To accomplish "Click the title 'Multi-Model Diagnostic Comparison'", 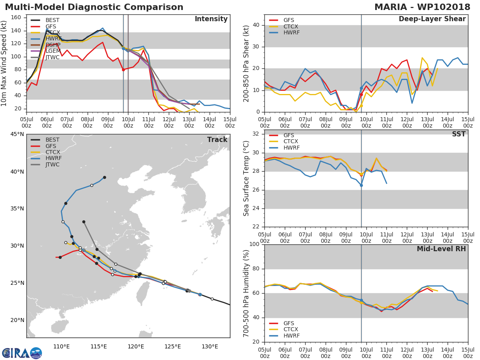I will click(x=94, y=7).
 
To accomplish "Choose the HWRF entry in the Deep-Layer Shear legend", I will click(x=291, y=32).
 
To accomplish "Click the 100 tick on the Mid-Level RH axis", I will click(x=255, y=244).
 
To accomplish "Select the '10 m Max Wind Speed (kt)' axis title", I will click(x=5, y=63).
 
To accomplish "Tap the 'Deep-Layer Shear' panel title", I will click(x=432, y=19).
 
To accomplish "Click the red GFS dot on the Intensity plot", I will click(x=123, y=70).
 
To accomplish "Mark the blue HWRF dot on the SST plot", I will click(x=361, y=185).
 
